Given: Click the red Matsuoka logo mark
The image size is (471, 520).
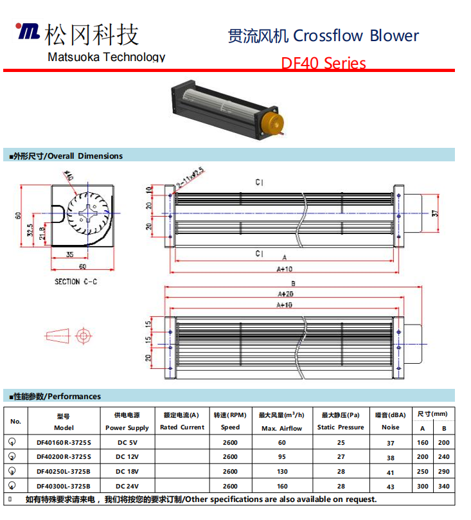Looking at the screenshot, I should [28, 31].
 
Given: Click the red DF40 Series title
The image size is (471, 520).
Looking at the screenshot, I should [323, 63].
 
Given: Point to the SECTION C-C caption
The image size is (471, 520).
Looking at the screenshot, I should [76, 282].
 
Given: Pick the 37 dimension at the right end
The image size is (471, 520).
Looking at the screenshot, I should [435, 213].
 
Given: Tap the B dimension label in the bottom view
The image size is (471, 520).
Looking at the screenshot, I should [293, 283].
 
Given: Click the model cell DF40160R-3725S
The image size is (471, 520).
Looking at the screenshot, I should [64, 442].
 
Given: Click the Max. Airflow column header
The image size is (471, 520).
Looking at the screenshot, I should [281, 427].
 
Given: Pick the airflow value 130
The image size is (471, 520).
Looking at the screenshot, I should [281, 472].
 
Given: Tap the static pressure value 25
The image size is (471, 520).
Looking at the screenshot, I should [341, 442].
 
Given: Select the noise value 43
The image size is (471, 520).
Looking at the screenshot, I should [390, 487].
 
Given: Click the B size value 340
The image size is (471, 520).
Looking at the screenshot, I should [443, 487].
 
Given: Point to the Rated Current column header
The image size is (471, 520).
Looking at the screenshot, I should [182, 427].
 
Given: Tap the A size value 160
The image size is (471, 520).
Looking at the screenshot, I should [422, 442].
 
